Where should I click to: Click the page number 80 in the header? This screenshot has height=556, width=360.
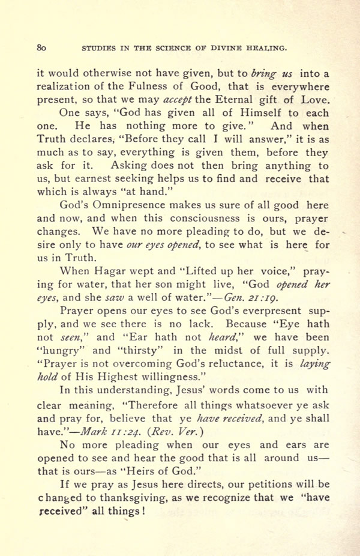(41, 46)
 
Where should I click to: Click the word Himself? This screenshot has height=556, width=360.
(237, 112)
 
